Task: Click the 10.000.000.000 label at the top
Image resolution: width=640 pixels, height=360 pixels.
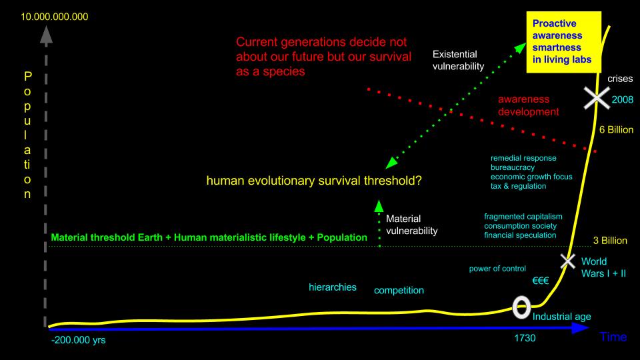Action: click(54, 17)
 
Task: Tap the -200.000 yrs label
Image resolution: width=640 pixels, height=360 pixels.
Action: click(79, 340)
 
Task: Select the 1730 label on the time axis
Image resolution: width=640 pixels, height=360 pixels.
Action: click(525, 338)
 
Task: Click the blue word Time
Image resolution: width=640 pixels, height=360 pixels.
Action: click(613, 337)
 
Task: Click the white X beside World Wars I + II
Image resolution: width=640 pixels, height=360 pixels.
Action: click(567, 261)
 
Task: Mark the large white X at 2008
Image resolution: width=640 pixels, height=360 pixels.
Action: click(597, 98)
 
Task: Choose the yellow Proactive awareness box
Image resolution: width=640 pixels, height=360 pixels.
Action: click(564, 42)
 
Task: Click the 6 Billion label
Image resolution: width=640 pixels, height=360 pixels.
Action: click(616, 130)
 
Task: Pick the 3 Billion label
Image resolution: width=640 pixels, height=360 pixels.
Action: click(610, 241)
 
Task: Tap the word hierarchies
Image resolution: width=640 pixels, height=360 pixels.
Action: click(332, 287)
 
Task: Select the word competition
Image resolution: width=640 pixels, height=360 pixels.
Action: click(399, 290)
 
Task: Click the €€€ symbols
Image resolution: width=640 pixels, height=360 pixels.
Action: click(541, 281)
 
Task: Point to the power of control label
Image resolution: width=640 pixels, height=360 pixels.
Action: click(497, 269)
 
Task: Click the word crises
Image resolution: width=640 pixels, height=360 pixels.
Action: click(620, 79)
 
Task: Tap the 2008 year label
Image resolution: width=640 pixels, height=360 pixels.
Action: click(623, 99)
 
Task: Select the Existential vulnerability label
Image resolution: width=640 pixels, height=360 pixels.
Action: click(459, 61)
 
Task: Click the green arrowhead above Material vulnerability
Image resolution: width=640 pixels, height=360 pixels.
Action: click(379, 206)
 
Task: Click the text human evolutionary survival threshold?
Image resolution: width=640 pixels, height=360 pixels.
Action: click(314, 181)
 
